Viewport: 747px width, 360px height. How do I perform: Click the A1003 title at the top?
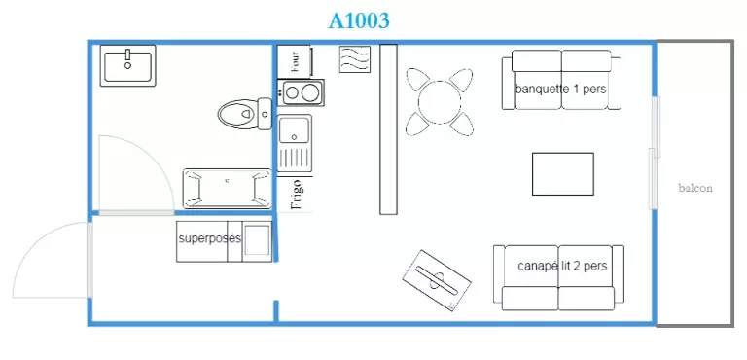click(x=359, y=20)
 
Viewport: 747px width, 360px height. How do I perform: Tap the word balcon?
click(x=695, y=188)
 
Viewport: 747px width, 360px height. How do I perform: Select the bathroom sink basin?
click(x=127, y=66)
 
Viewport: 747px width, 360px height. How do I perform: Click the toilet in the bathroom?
click(x=245, y=114)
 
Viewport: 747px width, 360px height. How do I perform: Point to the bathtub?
click(x=228, y=189)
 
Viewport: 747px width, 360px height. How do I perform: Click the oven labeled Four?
click(x=295, y=60)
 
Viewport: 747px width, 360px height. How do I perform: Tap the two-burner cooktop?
click(x=302, y=92)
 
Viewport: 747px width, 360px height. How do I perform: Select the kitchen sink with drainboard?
click(x=295, y=143)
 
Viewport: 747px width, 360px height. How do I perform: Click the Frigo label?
click(x=297, y=195)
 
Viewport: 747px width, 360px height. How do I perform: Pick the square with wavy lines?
click(x=355, y=59)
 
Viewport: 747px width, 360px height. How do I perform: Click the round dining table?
click(x=440, y=102)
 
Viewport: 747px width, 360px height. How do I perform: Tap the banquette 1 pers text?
click(x=560, y=90)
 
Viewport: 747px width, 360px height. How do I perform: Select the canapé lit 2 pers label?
click(x=562, y=266)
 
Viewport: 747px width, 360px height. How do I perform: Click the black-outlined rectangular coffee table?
click(x=562, y=174)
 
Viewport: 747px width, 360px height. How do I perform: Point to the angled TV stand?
click(x=437, y=280)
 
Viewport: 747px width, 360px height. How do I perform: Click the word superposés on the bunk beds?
click(x=210, y=238)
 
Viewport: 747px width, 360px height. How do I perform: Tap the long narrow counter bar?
click(x=388, y=129)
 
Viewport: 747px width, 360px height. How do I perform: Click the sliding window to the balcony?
click(x=655, y=153)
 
